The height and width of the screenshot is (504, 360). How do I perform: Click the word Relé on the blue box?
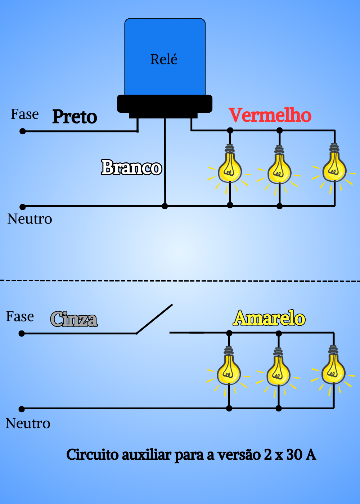coord(164,59)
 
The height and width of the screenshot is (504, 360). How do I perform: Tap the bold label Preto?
coord(75,117)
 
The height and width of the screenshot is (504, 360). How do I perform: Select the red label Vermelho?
coord(270,115)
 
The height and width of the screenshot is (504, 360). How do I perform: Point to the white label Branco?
coord(132,167)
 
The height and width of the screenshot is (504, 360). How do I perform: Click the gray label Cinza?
coord(74,319)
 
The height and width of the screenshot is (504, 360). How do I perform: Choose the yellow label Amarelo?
coord(269,318)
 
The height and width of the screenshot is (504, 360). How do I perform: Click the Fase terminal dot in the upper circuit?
coord(22,131)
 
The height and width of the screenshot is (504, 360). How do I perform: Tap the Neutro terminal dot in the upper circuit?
coord(22,207)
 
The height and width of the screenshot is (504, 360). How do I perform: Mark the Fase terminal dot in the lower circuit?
coord(22,333)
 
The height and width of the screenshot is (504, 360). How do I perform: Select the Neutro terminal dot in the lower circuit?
coord(22,409)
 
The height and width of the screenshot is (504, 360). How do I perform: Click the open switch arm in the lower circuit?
coord(154,319)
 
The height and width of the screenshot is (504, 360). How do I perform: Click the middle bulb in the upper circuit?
coord(279,167)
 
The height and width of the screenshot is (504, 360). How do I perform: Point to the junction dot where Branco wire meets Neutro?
coord(165,206)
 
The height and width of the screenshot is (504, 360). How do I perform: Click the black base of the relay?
coord(165,106)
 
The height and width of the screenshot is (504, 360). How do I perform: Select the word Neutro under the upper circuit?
coord(30,219)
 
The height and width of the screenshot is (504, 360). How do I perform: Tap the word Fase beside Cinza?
coord(20,316)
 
